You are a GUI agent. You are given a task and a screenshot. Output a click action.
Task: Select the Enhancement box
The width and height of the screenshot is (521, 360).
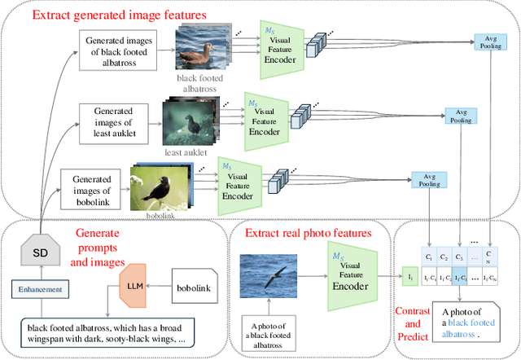coord(40,289)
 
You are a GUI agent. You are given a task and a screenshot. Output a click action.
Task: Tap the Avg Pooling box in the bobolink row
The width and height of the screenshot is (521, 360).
coord(425,178)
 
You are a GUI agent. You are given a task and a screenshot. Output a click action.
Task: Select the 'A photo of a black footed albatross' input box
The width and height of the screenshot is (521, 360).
coord(268,331)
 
